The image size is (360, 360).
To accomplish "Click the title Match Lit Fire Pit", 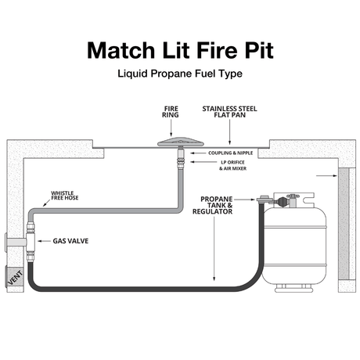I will (x=180, y=49).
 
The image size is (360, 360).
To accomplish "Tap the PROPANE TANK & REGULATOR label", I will (x=220, y=205).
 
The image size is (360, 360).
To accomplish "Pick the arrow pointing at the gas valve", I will (x=43, y=242).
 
